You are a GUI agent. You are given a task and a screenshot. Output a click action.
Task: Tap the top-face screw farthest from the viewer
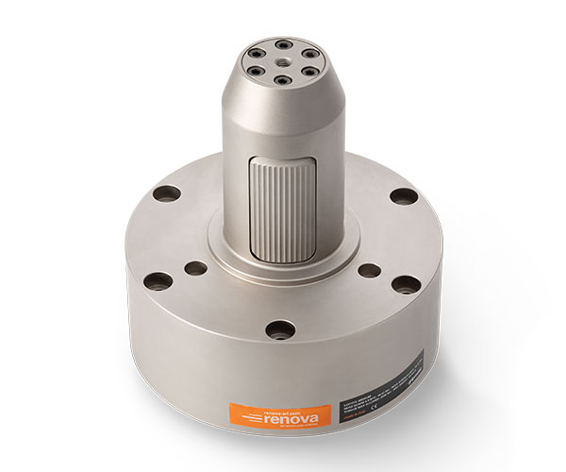pos(282,43)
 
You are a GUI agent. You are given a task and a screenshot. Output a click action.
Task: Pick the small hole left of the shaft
pos(197,267)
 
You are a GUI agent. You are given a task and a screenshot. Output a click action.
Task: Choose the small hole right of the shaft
pos(372,270)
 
